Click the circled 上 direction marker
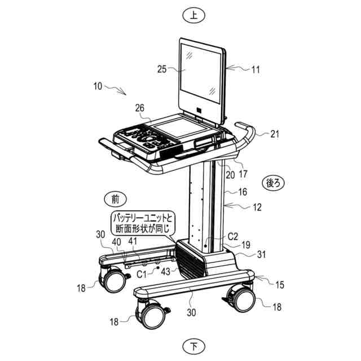coord(194,15)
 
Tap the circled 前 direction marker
coord(115,198)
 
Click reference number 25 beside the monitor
coord(162,69)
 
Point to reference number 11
coord(256,70)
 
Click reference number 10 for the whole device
coord(98,86)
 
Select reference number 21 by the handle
coord(275,134)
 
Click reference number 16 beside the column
coord(243,192)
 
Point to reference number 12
coord(257,207)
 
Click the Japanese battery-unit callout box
coord(143,223)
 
